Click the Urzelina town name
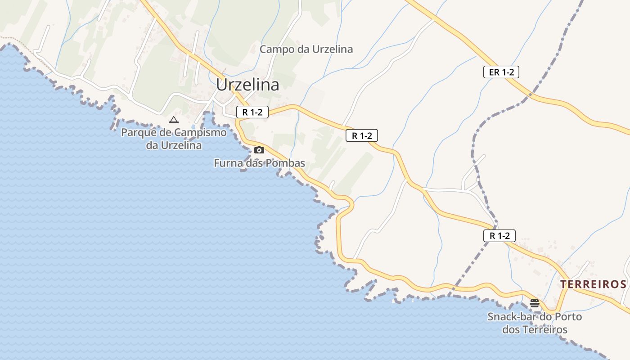[x=247, y=85]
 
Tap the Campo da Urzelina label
[x=306, y=49]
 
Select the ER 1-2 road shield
[x=501, y=72]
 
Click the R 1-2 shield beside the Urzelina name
[x=252, y=112]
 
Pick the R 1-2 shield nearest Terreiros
[x=499, y=235]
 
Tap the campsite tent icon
[x=173, y=120]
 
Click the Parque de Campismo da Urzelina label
[x=174, y=139]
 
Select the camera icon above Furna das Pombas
[x=259, y=150]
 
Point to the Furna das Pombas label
[x=259, y=163]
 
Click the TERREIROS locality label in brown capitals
[x=593, y=284]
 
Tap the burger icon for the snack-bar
[x=535, y=303]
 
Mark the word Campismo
[x=200, y=133]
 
